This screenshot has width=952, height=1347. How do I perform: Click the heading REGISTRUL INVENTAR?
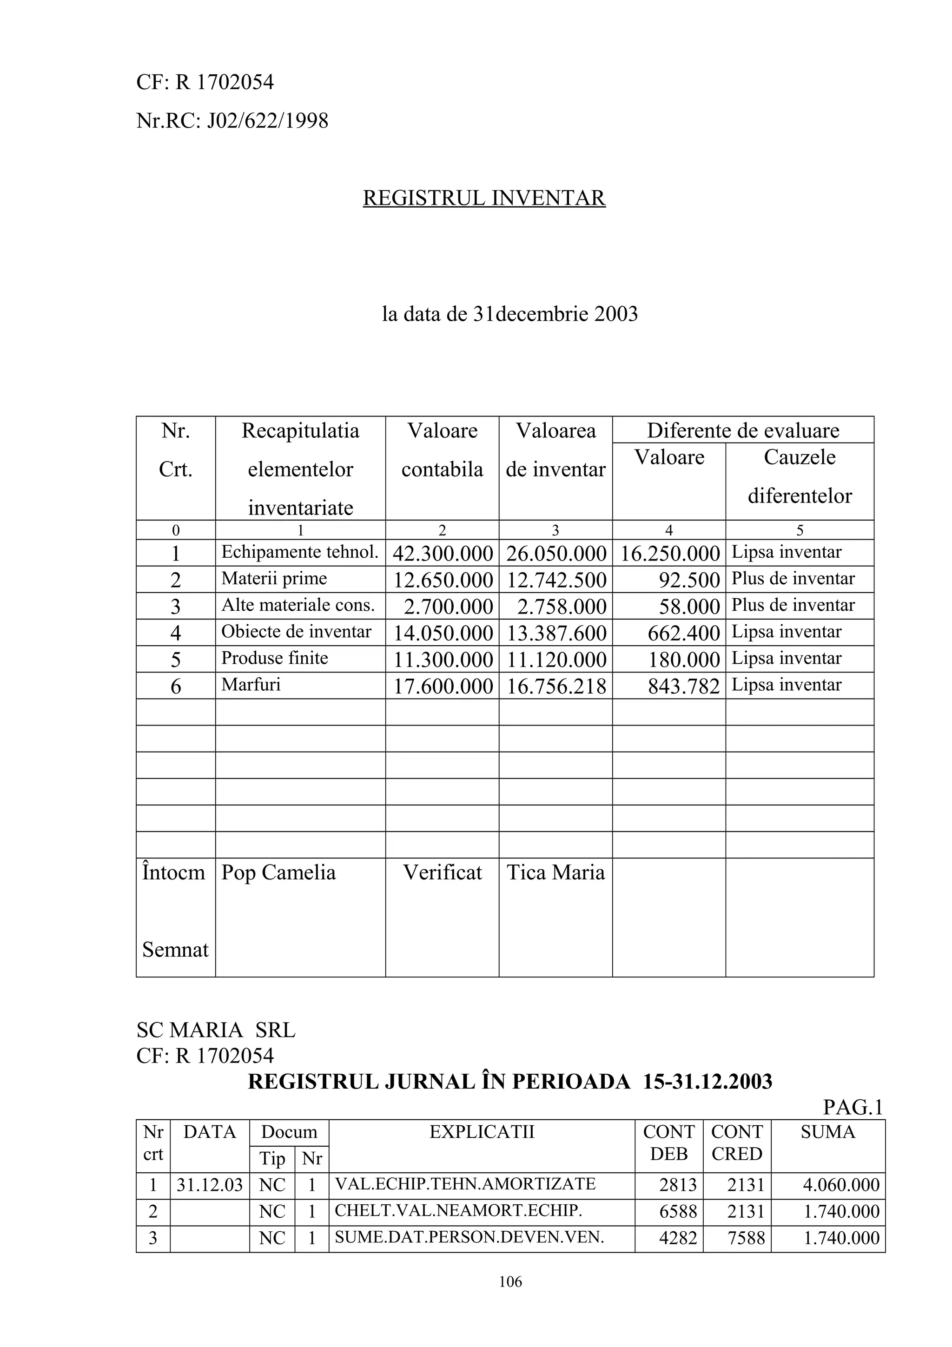click(484, 198)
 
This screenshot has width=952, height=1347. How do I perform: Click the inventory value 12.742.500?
click(556, 580)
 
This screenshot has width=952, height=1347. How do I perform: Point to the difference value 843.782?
click(683, 687)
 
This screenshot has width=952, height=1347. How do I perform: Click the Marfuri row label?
click(251, 685)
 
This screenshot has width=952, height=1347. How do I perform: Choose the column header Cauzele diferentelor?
click(800, 476)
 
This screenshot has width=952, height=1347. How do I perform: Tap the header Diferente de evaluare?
click(743, 430)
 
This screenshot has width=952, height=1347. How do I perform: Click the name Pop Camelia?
click(278, 872)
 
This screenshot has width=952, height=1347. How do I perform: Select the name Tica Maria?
click(555, 872)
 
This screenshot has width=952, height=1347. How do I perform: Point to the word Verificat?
click(442, 872)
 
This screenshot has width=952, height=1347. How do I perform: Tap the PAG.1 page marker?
click(852, 1107)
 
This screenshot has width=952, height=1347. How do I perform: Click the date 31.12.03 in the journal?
click(209, 1185)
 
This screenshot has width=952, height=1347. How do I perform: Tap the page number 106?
click(510, 1282)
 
